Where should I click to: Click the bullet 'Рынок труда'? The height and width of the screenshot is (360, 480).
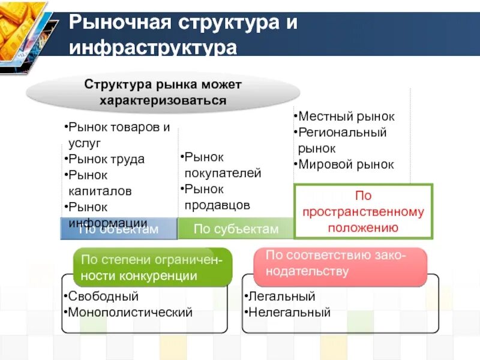(x=107, y=160)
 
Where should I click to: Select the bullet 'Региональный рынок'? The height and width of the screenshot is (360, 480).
(x=343, y=140)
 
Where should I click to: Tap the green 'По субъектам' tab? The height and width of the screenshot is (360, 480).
(x=236, y=229)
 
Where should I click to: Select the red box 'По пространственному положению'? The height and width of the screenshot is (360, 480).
(x=363, y=212)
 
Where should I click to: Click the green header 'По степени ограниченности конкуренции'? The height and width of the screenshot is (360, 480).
(x=152, y=268)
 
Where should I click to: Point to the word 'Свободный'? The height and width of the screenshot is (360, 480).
(x=103, y=296)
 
